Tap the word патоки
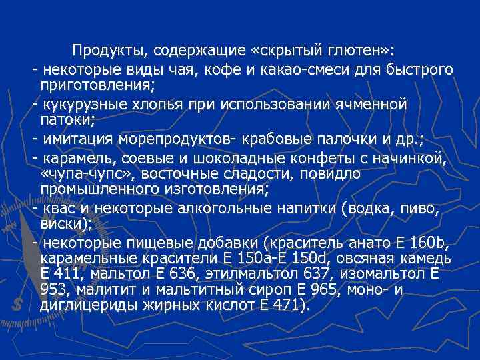click(67, 120)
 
